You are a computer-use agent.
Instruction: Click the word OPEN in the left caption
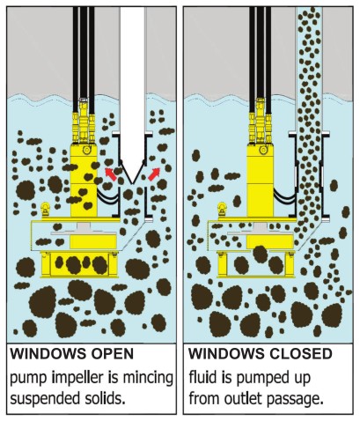(x=112, y=353)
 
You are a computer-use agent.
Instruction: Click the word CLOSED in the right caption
(x=301, y=353)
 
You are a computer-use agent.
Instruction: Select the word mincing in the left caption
(x=148, y=378)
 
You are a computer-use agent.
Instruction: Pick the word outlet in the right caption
(x=243, y=399)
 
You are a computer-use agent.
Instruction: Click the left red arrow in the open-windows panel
(x=111, y=174)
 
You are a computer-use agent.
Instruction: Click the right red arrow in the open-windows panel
(x=154, y=174)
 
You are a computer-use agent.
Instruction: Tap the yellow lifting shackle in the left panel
(x=45, y=210)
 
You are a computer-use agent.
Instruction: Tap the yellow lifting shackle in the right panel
(x=222, y=210)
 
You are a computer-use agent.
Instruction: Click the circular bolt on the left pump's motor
(x=86, y=150)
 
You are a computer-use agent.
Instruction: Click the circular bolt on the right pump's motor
(x=263, y=150)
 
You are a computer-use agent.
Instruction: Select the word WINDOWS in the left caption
(x=49, y=353)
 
